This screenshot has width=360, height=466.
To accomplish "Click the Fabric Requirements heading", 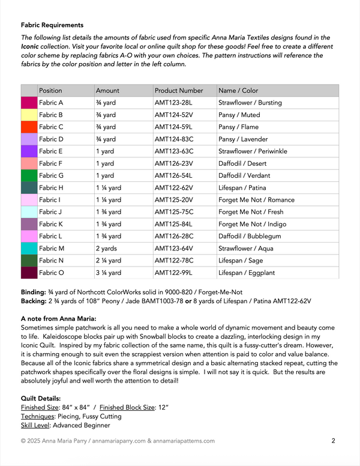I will coord(52,25).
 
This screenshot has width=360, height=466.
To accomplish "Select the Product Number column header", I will coord(179,91).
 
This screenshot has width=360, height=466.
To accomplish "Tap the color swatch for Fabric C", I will coord(29,127).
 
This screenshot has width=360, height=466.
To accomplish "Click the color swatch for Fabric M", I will coord(29,248).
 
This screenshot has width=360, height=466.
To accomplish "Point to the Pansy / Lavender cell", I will coord(242,139).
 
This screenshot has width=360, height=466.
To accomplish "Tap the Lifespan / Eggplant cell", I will coord(246,273).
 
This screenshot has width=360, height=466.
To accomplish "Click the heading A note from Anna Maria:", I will coord(58,318).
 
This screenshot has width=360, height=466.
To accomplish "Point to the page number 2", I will coord(333,441).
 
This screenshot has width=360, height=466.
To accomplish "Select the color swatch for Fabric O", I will coord(29,273).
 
